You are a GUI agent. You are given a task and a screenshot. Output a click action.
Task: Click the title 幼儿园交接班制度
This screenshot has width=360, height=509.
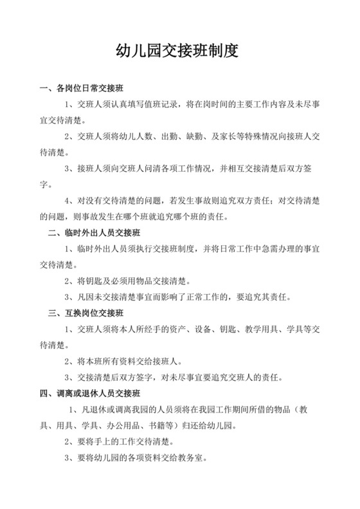click(x=179, y=51)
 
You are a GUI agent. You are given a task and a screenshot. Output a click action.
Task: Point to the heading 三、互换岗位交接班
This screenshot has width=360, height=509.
click(x=90, y=313)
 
